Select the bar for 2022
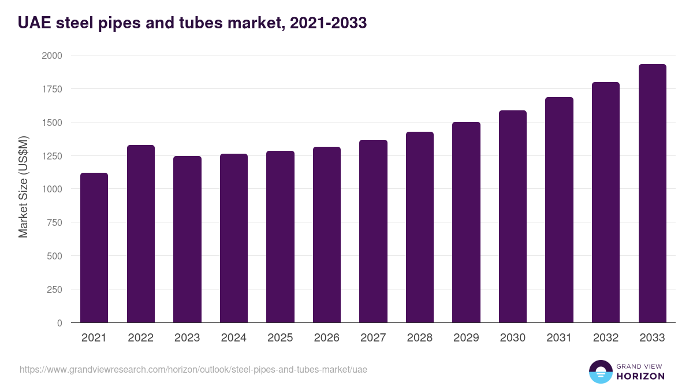pos(140,233)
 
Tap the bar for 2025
pos(280,236)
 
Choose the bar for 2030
pos(512,216)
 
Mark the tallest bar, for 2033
pos(652,193)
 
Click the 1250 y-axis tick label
pos(52,156)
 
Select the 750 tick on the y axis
pos(55,222)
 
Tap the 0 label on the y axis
pos(59,323)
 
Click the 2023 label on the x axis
pos(187,338)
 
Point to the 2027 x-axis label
pos(373,338)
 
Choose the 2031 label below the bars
pos(559,338)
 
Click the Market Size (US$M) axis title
pos(23,187)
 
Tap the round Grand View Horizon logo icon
pos(601,372)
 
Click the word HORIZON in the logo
pos(640,376)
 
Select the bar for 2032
pos(606,202)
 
